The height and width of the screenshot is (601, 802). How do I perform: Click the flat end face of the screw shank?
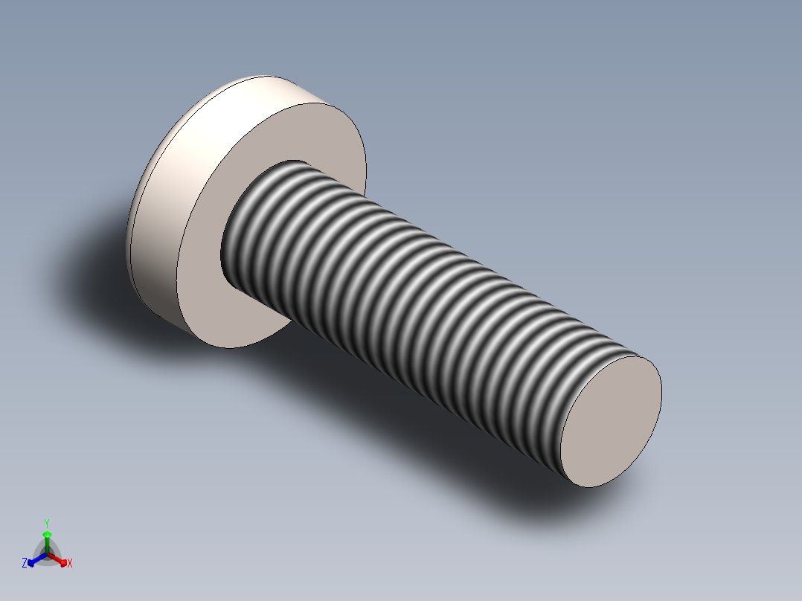point(610,420)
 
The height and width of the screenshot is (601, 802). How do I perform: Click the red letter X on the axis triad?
point(70,564)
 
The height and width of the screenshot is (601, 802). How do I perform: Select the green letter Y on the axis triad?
point(47,523)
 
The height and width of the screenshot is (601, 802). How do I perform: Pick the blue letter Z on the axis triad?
point(25,564)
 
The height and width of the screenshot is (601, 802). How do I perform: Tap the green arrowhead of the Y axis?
point(47,534)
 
